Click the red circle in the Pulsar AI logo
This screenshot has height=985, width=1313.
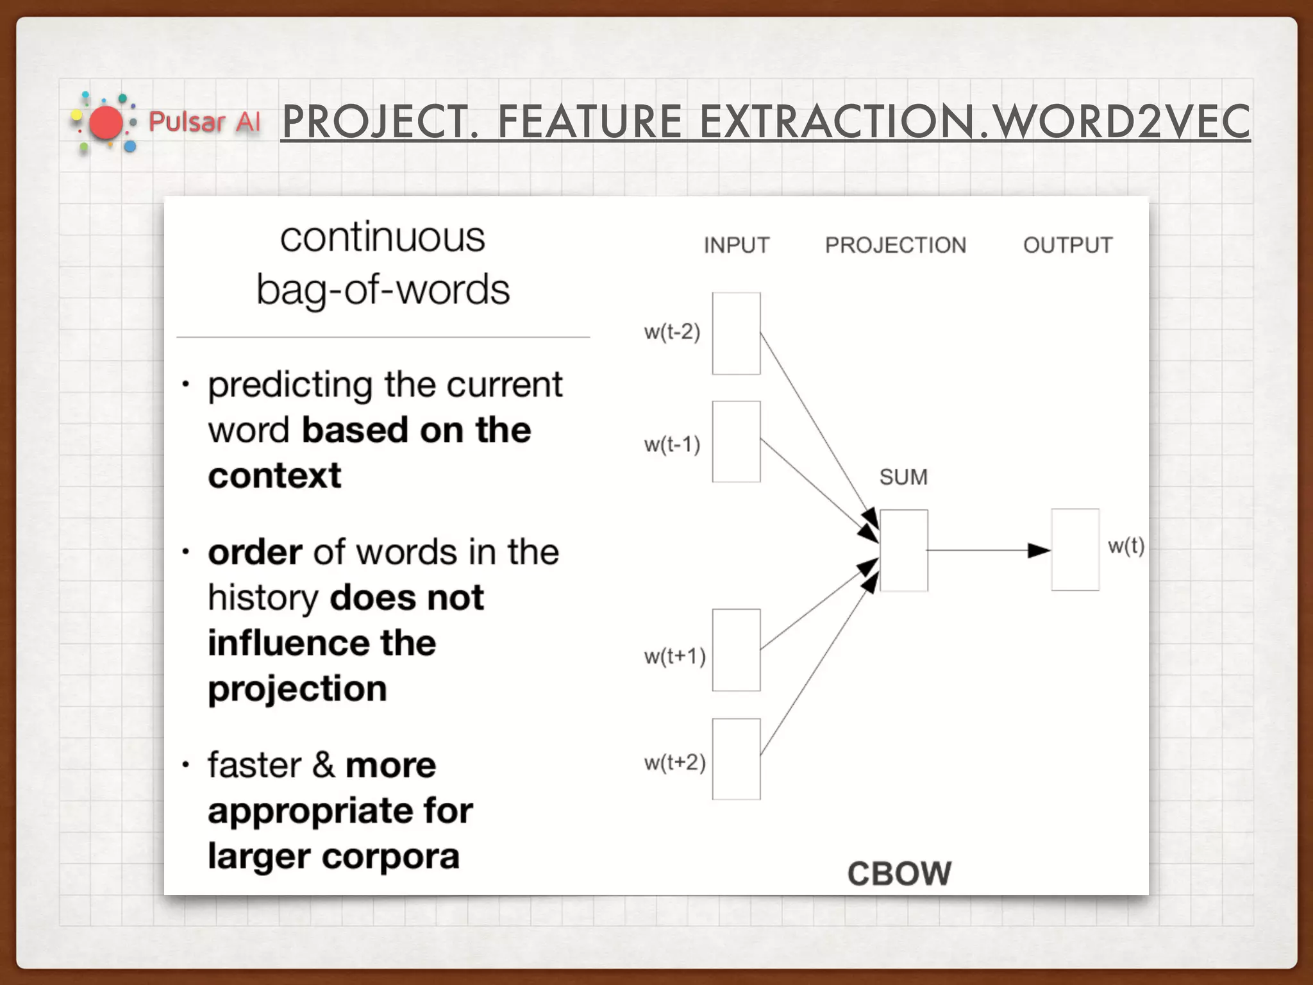click(106, 123)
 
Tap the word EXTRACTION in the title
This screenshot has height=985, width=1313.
click(836, 122)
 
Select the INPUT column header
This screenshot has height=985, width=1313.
click(736, 245)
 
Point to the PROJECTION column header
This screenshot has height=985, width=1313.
click(895, 245)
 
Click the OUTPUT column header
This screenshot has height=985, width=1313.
click(1067, 245)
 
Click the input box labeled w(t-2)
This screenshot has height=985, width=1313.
click(736, 333)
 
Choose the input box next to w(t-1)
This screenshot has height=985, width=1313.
click(736, 442)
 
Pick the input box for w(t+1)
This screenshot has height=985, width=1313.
click(736, 650)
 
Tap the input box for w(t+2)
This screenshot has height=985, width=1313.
click(736, 759)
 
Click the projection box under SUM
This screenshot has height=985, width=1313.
click(903, 550)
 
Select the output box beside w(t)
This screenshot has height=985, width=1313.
click(1075, 550)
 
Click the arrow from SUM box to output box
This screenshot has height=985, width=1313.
click(987, 550)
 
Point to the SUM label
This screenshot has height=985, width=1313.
click(903, 477)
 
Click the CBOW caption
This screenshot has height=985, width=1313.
click(899, 873)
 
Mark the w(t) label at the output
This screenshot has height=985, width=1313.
click(1126, 546)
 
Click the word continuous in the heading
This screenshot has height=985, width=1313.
click(383, 237)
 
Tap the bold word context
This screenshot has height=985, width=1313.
click(274, 476)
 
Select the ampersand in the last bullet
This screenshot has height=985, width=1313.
click(324, 764)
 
